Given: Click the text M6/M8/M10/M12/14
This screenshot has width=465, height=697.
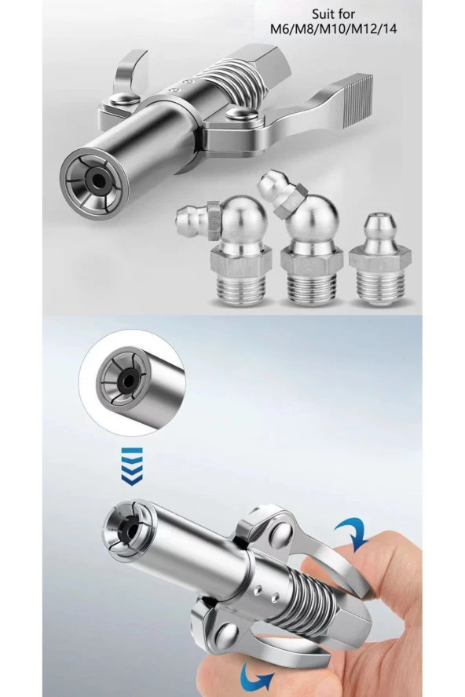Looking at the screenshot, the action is click(x=333, y=30).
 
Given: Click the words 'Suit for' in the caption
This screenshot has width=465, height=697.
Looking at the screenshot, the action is click(x=333, y=15).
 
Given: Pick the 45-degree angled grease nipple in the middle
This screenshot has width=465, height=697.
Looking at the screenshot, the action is click(x=306, y=243).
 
